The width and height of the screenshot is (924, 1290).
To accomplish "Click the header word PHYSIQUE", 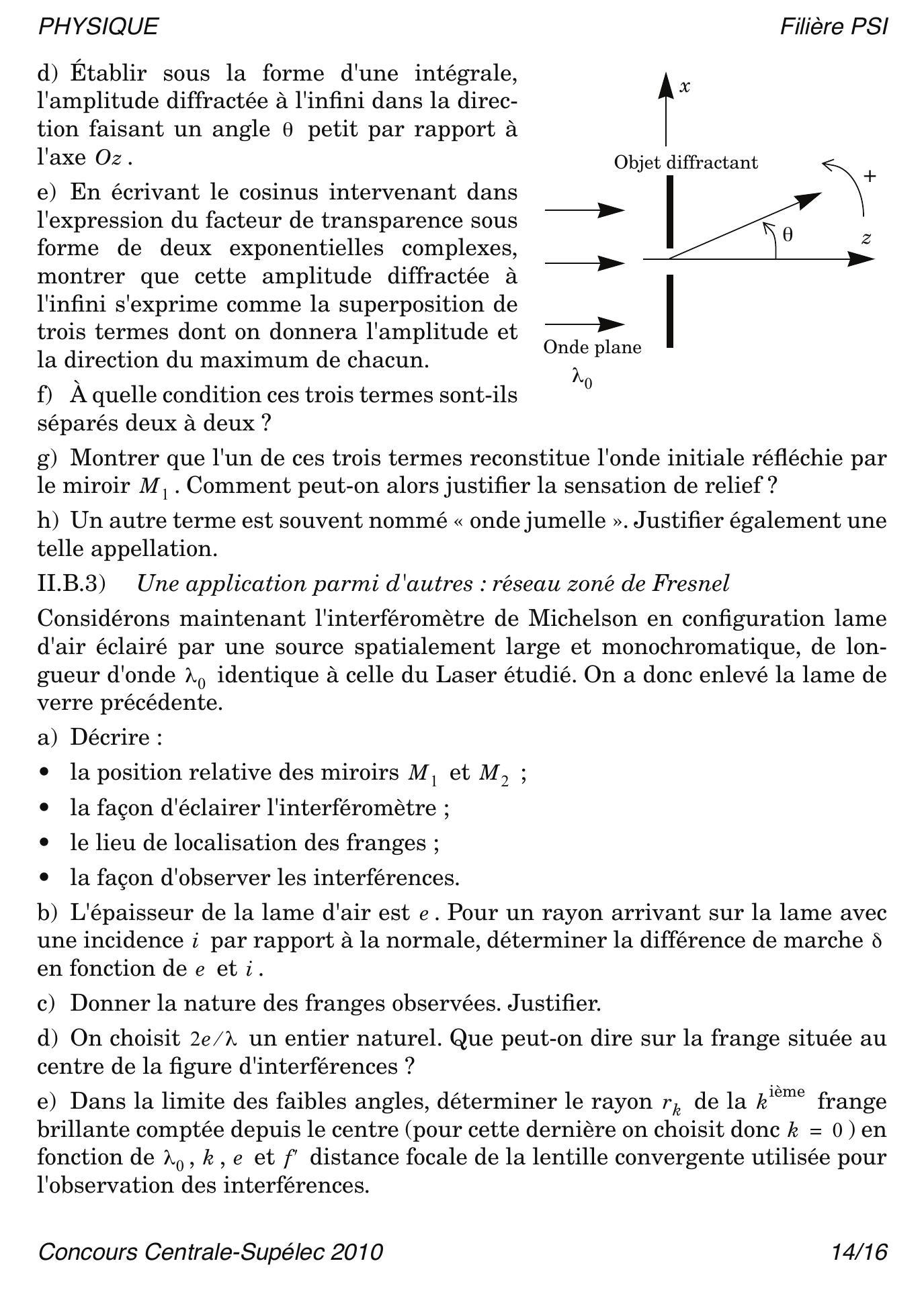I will click(98, 27).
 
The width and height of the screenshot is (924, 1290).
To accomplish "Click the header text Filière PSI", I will click(834, 27).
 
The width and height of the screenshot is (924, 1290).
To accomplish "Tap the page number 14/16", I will click(859, 1252).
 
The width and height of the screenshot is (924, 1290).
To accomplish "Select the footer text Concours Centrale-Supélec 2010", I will click(210, 1252).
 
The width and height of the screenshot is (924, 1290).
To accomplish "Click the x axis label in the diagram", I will click(685, 87).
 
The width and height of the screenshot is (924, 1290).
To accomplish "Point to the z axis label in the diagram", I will click(867, 238).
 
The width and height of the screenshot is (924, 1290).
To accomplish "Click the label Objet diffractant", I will click(685, 163).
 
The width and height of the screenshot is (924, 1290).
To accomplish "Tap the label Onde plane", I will click(592, 347).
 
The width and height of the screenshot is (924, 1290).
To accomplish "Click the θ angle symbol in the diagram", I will click(788, 234).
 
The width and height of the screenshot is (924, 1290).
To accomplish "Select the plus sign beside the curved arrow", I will click(870, 177).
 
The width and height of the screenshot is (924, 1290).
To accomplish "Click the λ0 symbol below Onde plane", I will click(582, 378).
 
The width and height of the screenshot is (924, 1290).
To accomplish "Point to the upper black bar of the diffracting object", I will click(670, 212).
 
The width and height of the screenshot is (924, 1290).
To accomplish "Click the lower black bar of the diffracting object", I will click(670, 311).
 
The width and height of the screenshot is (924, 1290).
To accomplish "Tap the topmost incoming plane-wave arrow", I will click(585, 210).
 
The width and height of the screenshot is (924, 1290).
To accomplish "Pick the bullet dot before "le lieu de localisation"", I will click(45, 842).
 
